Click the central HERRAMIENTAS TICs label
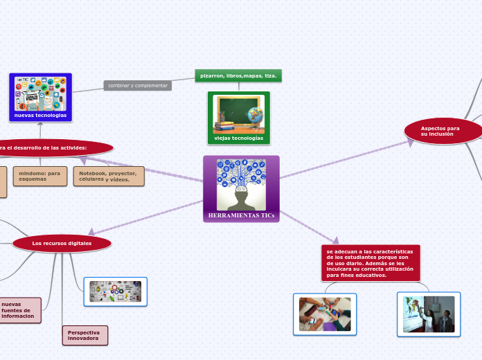click(x=241, y=215)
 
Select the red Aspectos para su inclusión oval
click(x=443, y=131)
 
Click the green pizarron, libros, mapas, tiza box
click(x=238, y=75)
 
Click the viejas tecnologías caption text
click(x=238, y=138)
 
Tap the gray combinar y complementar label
click(x=138, y=85)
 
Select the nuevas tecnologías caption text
click(x=40, y=115)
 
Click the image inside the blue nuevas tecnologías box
click(x=40, y=93)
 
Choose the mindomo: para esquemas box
click(x=39, y=176)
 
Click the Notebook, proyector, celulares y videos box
click(x=109, y=176)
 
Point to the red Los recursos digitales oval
click(x=62, y=243)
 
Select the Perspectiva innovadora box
click(x=84, y=335)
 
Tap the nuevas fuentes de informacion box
click(x=19, y=310)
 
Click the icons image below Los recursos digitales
click(x=115, y=291)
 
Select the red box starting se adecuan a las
click(x=371, y=263)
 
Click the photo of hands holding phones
click(x=325, y=314)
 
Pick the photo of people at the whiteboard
click(x=429, y=314)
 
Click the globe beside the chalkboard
click(x=256, y=118)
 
